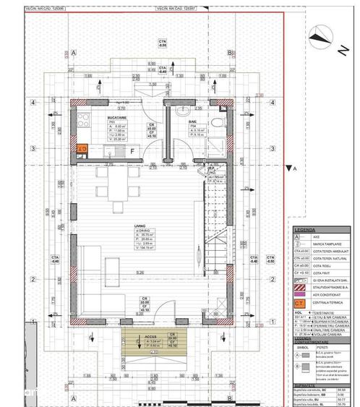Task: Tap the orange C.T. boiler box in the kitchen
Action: pyautogui.click(x=82, y=149)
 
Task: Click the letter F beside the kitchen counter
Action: pyautogui.click(x=132, y=151)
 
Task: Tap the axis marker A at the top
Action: pyautogui.click(x=74, y=53)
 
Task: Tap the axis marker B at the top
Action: pyautogui.click(x=228, y=53)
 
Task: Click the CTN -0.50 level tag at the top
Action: pyautogui.click(x=163, y=43)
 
